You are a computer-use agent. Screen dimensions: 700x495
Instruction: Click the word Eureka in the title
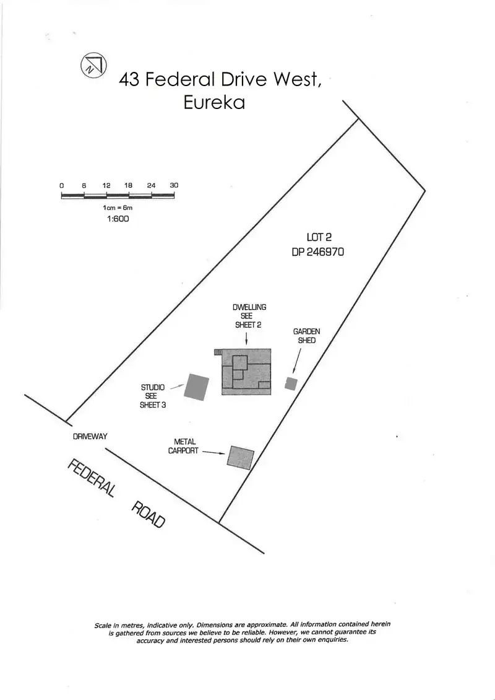pyautogui.click(x=214, y=102)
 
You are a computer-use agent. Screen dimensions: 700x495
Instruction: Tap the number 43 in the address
pyautogui.click(x=129, y=80)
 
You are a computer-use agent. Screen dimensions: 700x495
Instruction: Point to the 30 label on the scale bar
pyautogui.click(x=174, y=185)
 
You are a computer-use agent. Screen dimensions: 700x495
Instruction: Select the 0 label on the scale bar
pyautogui.click(x=62, y=185)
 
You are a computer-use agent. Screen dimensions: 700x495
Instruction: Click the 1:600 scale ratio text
pyautogui.click(x=118, y=219)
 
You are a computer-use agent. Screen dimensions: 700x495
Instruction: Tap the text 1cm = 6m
pyautogui.click(x=118, y=208)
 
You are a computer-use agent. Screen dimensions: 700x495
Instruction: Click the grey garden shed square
pyautogui.click(x=291, y=383)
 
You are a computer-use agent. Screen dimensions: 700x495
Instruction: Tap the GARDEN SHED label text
pyautogui.click(x=306, y=336)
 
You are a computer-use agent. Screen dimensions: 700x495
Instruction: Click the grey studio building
pyautogui.click(x=197, y=387)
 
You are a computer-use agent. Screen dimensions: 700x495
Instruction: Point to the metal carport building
pyautogui.click(x=240, y=457)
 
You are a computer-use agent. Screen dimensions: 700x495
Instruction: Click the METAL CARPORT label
pyautogui.click(x=184, y=447)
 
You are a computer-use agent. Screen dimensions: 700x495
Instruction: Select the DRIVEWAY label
pyautogui.click(x=90, y=437)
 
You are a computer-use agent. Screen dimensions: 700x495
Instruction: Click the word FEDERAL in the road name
pyautogui.click(x=91, y=479)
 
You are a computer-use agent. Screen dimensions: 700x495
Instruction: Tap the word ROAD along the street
pyautogui.click(x=148, y=514)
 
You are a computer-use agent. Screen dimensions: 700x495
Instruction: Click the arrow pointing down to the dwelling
pyautogui.click(x=247, y=338)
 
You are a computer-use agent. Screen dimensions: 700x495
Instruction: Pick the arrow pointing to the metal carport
pyautogui.click(x=213, y=453)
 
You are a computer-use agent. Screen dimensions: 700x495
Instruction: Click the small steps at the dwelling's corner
pyautogui.click(x=218, y=352)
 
